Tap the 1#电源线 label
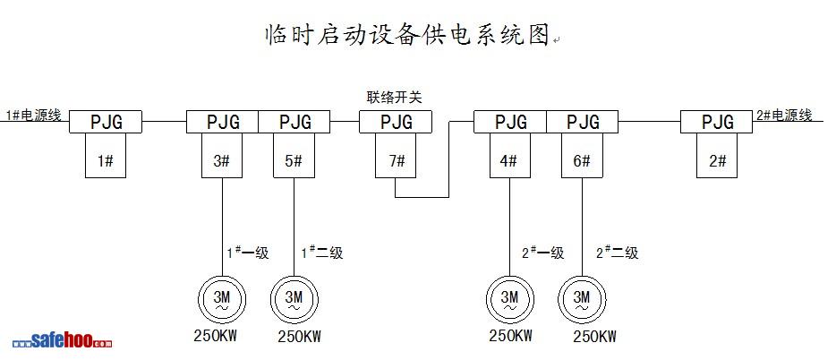click(x=34, y=116)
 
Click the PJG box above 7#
click(x=396, y=122)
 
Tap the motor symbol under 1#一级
click(x=221, y=297)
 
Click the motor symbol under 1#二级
click(x=293, y=297)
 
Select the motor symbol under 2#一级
click(x=509, y=297)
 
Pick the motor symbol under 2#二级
click(x=582, y=297)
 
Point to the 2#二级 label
click(x=618, y=253)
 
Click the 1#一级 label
click(x=246, y=253)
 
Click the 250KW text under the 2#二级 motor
click(x=594, y=337)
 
